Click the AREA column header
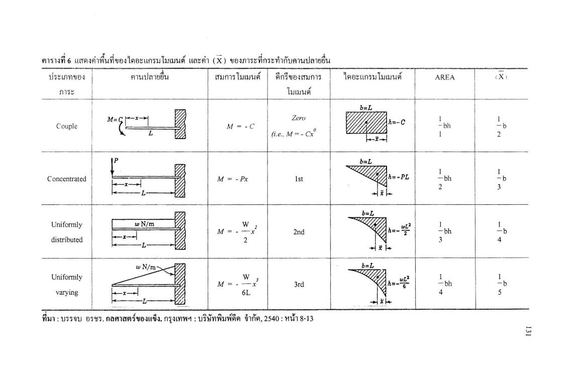444,77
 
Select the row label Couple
67,126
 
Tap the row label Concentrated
67,179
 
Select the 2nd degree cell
299,232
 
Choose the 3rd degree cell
299,284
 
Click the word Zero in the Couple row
299,117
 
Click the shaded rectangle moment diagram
366,122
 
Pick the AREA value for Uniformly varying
441,284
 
